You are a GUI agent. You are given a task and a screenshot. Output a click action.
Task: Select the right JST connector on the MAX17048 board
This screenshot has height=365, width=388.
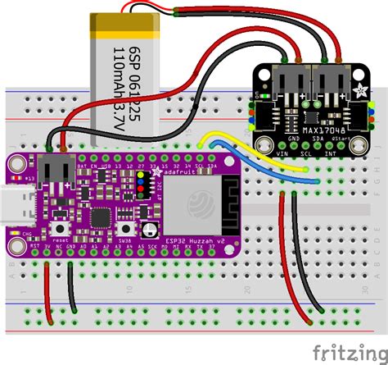pos(330,84)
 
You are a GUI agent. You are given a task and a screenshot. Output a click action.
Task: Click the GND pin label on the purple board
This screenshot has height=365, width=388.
pos(72,244)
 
